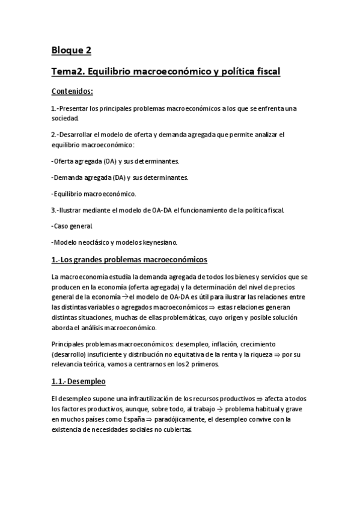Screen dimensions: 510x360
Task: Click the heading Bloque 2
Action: point(71,50)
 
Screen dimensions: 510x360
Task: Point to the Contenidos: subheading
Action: point(72,92)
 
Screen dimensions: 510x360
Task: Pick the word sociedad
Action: point(66,118)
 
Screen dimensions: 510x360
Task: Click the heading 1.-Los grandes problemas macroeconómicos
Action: point(129,260)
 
